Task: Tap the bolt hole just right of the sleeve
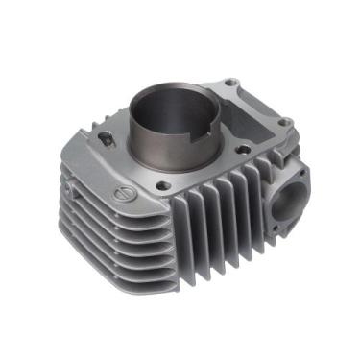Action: pyautogui.click(x=247, y=149)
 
